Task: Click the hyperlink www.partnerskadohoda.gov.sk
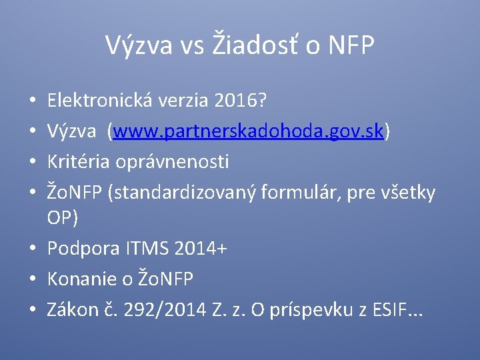click(x=249, y=132)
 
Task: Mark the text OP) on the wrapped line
click(x=63, y=218)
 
